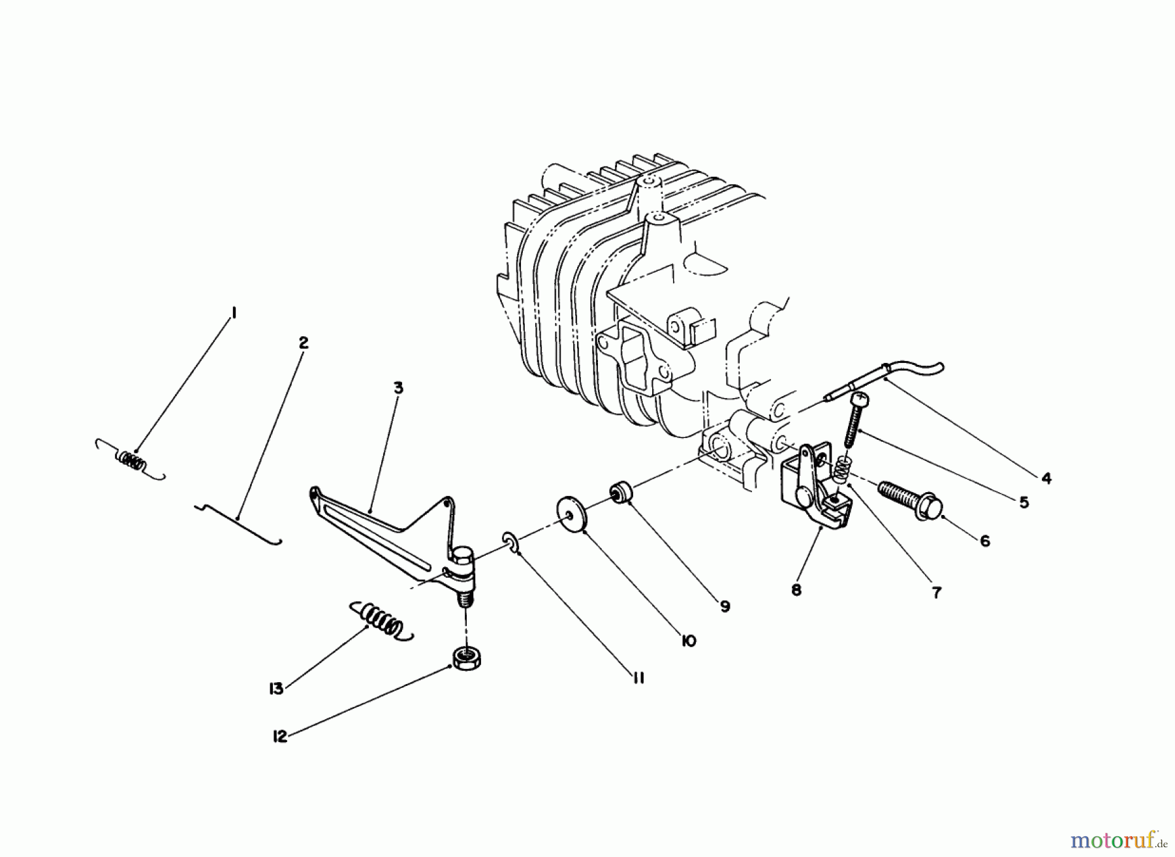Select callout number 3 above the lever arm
pyautogui.click(x=398, y=388)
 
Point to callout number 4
pyautogui.click(x=1046, y=478)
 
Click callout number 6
pyautogui.click(x=984, y=541)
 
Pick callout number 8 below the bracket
pyautogui.click(x=796, y=590)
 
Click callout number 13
pyautogui.click(x=277, y=689)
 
